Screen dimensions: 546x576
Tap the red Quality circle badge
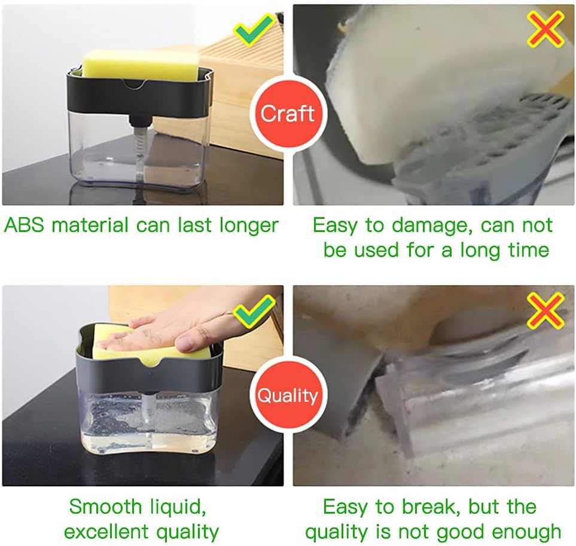pos(288,395)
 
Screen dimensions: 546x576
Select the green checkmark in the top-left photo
pos(255,30)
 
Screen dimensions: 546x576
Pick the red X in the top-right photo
pos(545,29)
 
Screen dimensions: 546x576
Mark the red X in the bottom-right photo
pos(545,310)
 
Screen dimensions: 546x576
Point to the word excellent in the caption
pos(106,531)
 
